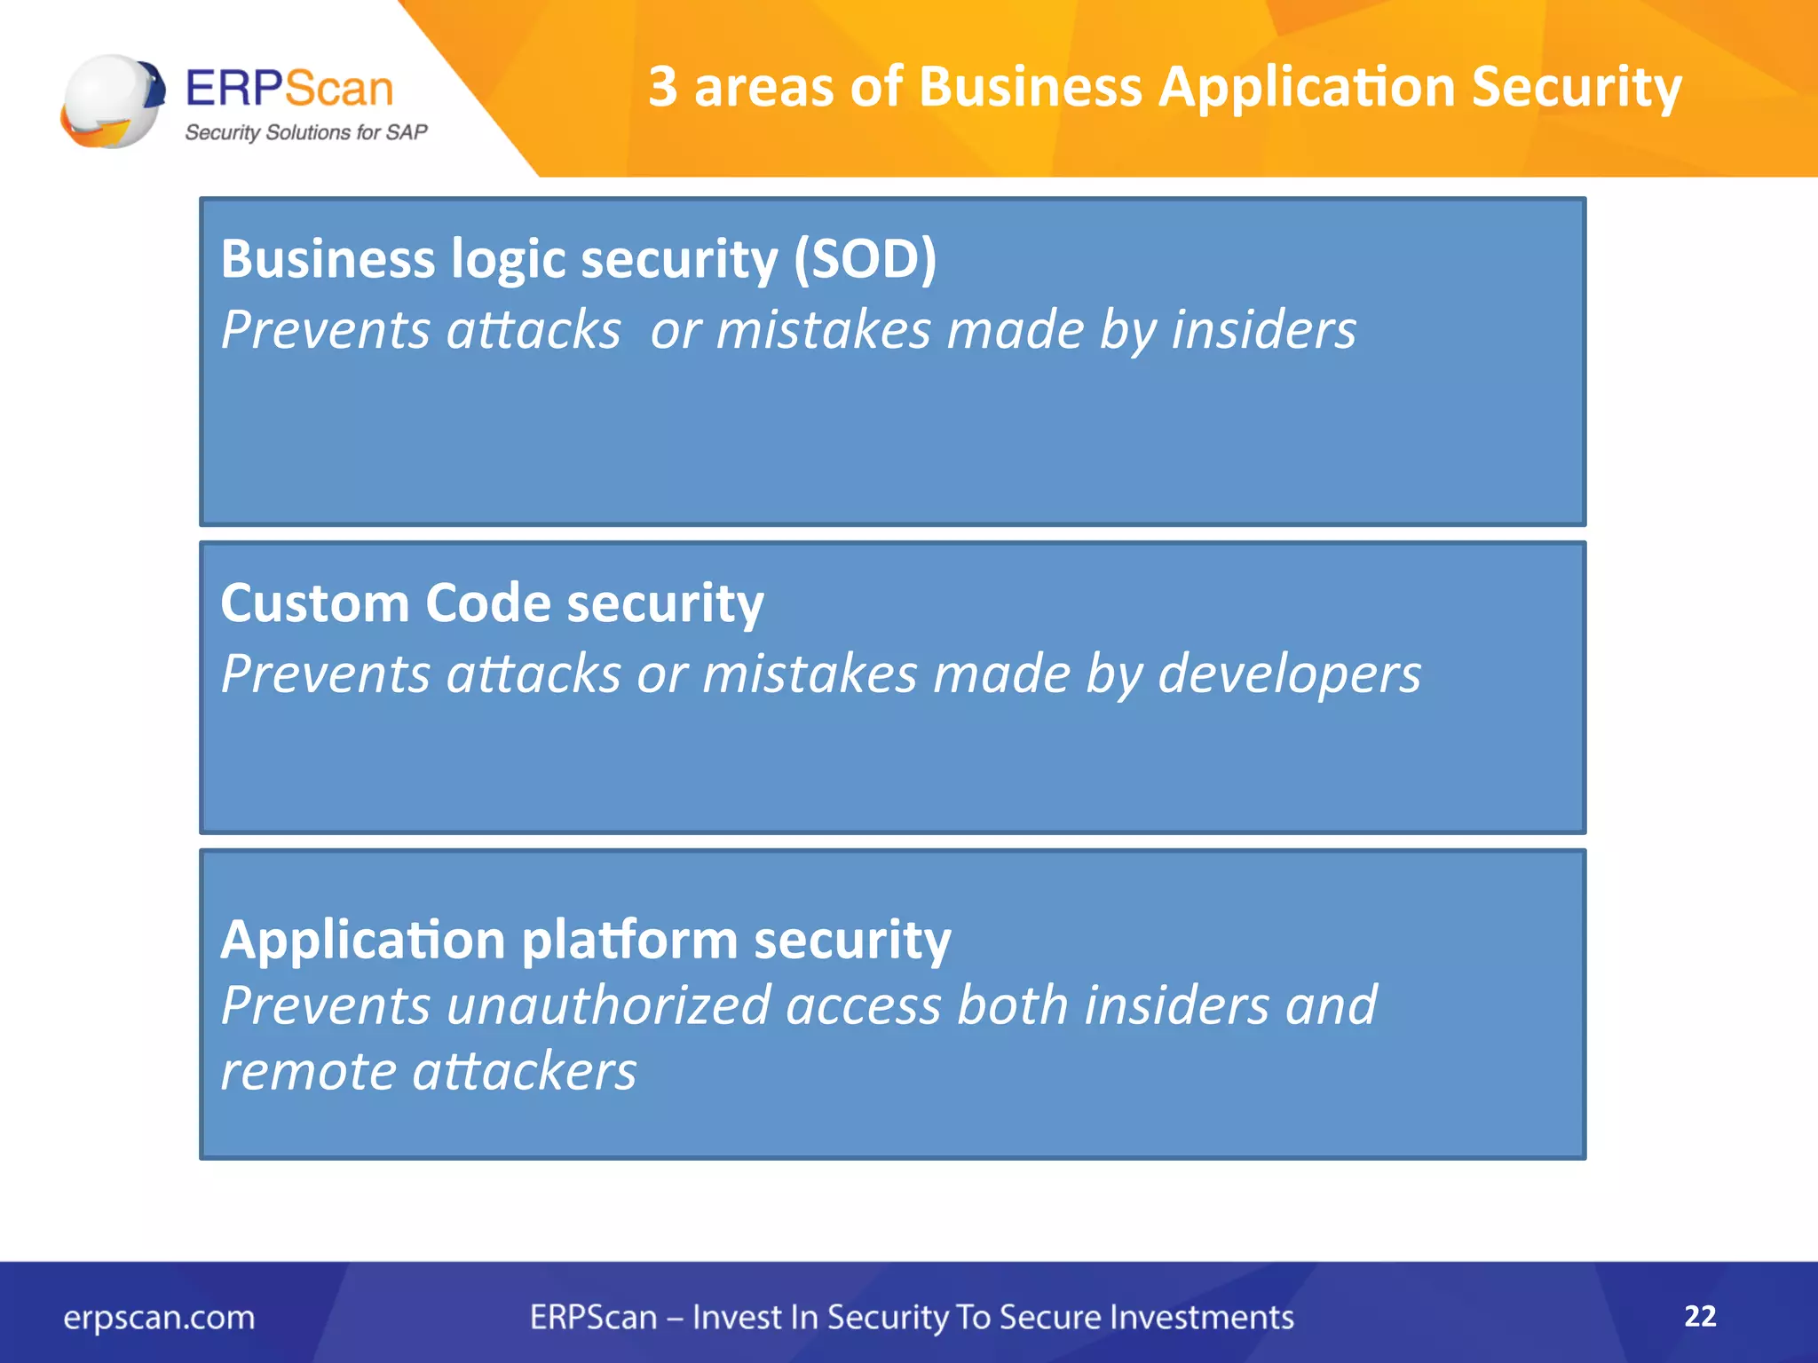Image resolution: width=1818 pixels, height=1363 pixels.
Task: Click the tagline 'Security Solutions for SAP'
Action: [x=305, y=133]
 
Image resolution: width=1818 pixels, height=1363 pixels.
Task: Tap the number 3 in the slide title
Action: [x=663, y=87]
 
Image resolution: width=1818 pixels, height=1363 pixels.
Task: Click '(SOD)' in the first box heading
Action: [x=865, y=260]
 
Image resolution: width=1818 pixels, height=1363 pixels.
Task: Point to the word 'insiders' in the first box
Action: [x=1263, y=330]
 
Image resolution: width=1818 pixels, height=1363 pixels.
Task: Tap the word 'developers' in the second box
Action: [x=1289, y=675]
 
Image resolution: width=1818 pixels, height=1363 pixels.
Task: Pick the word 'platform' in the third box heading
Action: [x=629, y=941]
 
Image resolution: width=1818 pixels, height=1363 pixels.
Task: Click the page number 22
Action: [x=1700, y=1316]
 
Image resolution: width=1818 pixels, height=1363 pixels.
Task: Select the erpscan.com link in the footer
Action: [x=159, y=1318]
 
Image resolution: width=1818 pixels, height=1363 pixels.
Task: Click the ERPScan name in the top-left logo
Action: [x=289, y=89]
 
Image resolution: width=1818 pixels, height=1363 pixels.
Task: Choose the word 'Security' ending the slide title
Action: [x=1576, y=89]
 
